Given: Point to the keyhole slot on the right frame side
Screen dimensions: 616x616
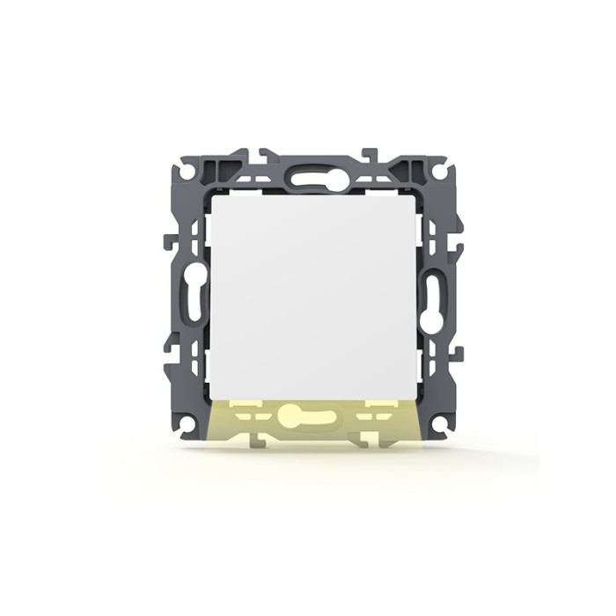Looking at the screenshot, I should (429, 297).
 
